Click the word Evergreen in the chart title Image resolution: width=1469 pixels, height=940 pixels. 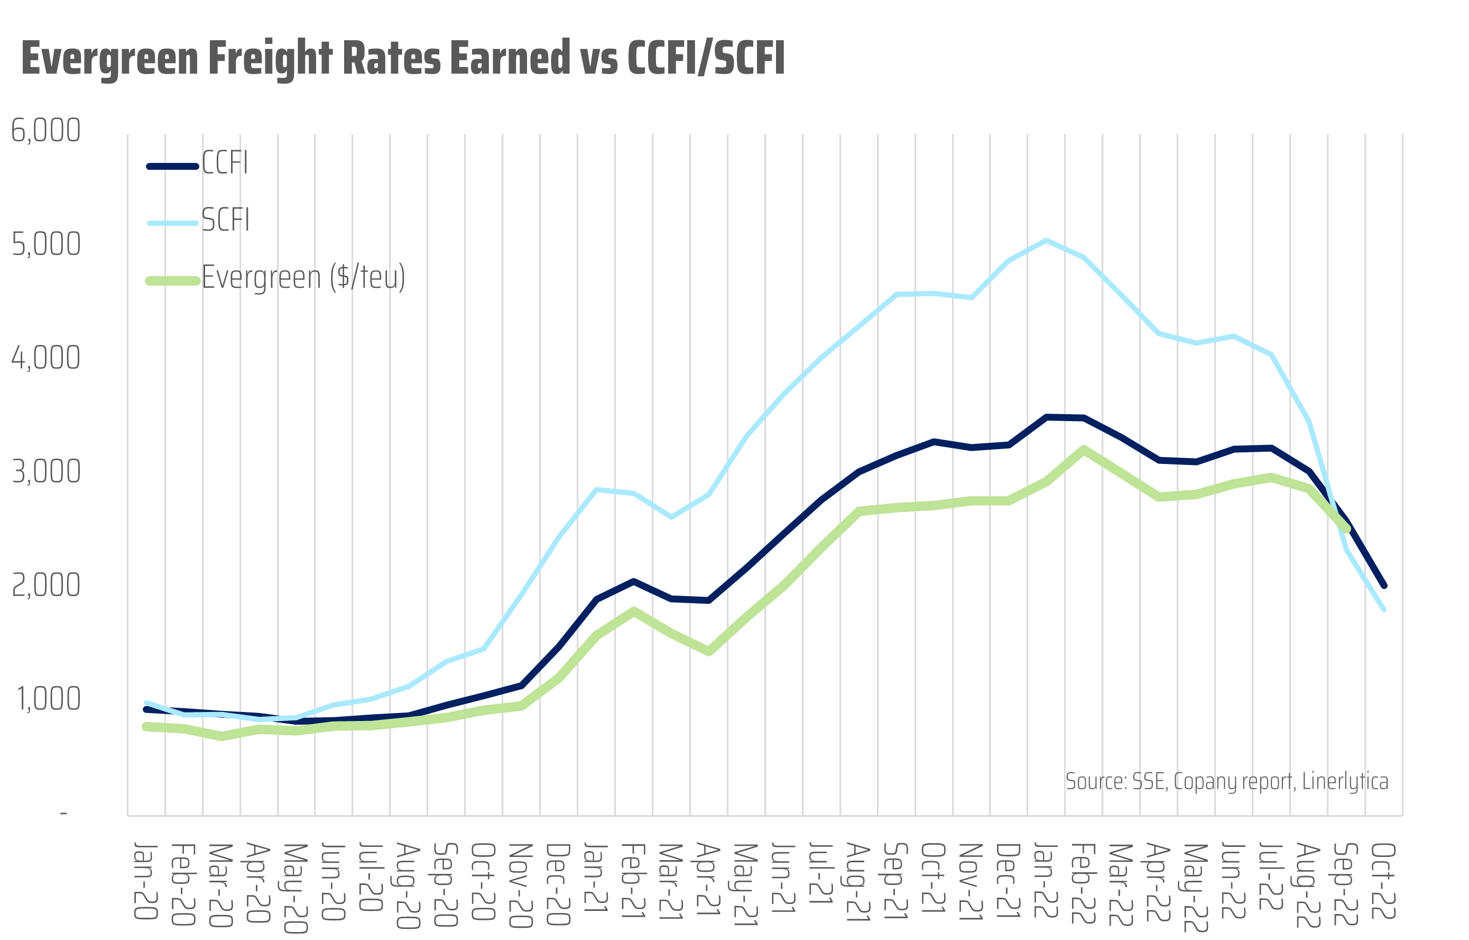point(110,59)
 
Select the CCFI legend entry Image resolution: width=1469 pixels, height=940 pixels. point(225,163)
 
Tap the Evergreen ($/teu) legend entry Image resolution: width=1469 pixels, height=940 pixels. point(303,278)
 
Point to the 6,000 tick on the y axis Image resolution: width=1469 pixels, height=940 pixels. point(46,131)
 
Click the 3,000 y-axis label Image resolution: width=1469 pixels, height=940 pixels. point(47,472)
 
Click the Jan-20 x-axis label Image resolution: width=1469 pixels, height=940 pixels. point(146,881)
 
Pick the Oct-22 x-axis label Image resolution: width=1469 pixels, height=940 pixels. point(1383,881)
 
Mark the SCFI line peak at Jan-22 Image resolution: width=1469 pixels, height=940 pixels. point(1046,241)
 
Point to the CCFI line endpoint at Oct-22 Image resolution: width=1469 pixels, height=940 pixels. point(1383,585)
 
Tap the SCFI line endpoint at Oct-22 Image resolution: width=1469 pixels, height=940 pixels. point(1383,608)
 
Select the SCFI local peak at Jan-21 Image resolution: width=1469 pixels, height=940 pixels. point(596,489)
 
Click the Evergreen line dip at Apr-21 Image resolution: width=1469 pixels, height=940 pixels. point(709,651)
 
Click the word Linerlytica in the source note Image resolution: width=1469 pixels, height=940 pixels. point(1345,781)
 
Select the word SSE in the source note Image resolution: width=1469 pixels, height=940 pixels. point(1149,781)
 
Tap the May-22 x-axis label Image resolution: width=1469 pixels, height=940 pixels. point(1196,888)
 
